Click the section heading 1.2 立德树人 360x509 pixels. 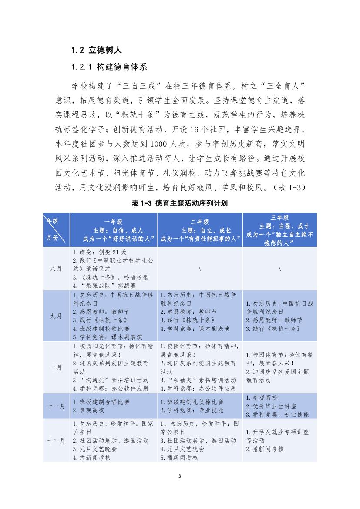96,50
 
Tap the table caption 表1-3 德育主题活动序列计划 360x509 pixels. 180,203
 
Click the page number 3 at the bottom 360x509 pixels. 180,475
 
